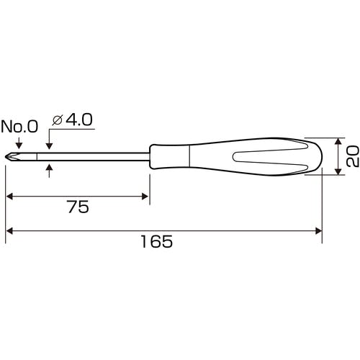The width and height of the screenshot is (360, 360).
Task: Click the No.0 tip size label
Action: coord(19,127)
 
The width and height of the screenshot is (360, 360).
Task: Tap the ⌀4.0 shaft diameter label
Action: coord(72,120)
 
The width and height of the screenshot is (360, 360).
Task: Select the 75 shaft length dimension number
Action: coord(78,207)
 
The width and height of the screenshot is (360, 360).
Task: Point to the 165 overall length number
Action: coord(156,241)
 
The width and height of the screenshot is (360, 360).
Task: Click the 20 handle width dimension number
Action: coord(352,156)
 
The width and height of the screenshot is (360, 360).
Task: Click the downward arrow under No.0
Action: coord(19,143)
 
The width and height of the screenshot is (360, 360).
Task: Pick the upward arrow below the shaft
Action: coord(49,171)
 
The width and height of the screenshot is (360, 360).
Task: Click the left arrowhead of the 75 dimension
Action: coord(9,197)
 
